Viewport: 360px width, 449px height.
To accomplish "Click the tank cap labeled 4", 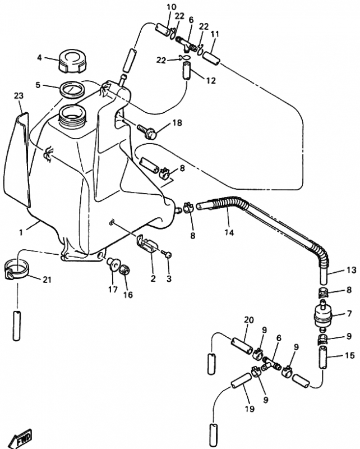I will point(72,61).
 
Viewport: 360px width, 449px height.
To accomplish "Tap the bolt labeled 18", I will point(149,133).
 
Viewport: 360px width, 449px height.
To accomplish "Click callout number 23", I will point(19,95).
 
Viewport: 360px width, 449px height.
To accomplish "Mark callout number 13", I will point(350,270).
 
